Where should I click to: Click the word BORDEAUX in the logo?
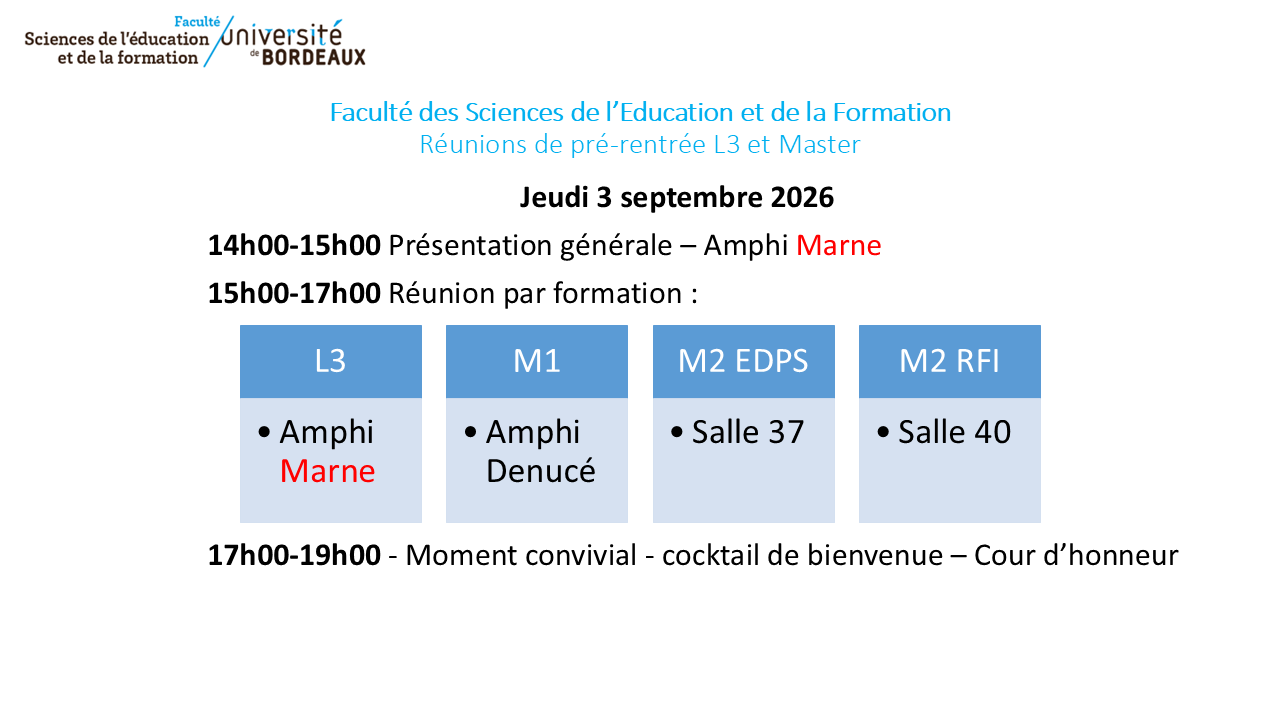tap(313, 57)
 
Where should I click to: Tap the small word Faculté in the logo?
tap(197, 22)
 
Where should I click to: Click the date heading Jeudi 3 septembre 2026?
tap(677, 198)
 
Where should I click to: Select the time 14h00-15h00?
tap(294, 246)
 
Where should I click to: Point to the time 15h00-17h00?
tap(294, 294)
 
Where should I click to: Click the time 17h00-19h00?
tap(294, 555)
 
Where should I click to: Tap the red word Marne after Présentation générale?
tap(838, 246)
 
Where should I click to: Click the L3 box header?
tap(331, 361)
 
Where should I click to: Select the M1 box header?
tap(537, 361)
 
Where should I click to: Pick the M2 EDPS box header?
tap(743, 361)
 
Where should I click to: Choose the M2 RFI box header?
tap(950, 361)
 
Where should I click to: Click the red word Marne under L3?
tap(327, 471)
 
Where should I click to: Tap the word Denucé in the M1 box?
tap(541, 471)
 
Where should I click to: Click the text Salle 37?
tap(748, 432)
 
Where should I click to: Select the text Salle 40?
tap(954, 432)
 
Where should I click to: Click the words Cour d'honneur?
tap(1076, 555)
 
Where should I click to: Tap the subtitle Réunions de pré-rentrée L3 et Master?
tap(640, 145)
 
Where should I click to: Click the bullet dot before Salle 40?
tap(883, 431)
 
